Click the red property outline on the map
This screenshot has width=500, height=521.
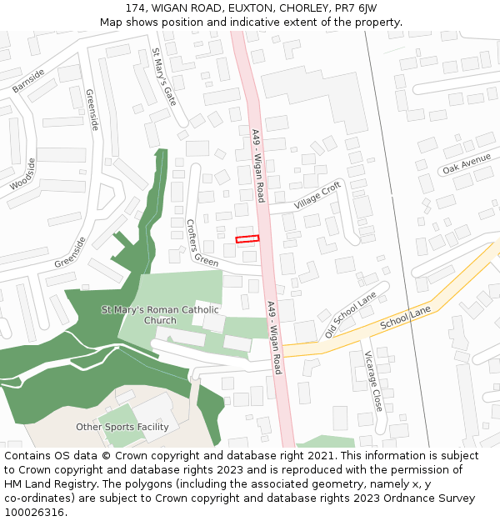tap(247, 239)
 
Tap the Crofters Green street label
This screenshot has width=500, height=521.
tap(201, 243)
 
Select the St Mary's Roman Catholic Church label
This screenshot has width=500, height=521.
tap(161, 315)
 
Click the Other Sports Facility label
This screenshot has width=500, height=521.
tap(122, 427)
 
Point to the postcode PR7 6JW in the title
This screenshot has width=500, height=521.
tap(354, 8)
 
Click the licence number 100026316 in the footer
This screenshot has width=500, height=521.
tap(34, 513)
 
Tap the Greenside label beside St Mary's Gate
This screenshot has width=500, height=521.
tap(92, 108)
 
